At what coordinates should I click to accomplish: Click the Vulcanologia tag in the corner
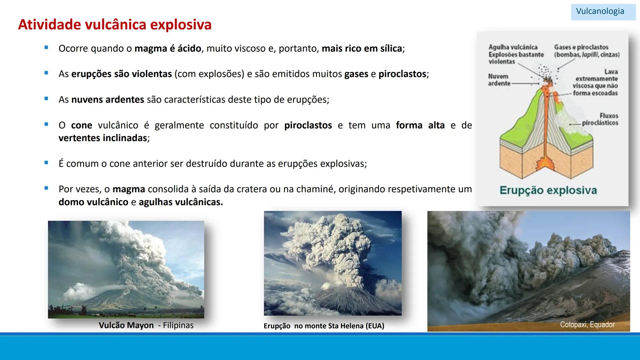pos(600,11)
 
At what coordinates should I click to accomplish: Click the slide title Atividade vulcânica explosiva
pos(115,25)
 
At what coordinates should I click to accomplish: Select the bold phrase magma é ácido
pos(168,49)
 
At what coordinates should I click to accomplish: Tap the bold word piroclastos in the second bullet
pos(403,74)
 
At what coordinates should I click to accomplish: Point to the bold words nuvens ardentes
pos(108,100)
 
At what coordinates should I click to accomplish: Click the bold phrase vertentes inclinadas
pos(103,138)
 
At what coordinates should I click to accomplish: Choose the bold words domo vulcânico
pos(93,202)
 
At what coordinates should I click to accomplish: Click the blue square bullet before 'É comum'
pos(46,163)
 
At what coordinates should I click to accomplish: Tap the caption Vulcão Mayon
pos(126,325)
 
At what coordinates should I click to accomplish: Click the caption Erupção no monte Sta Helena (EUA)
pos(324,326)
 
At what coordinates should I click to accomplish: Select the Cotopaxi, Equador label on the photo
pos(587,324)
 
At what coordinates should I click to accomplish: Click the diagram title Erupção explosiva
pos(548,190)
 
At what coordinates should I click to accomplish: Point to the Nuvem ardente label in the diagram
pos(499,80)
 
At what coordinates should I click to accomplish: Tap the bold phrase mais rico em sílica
pos(362,49)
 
